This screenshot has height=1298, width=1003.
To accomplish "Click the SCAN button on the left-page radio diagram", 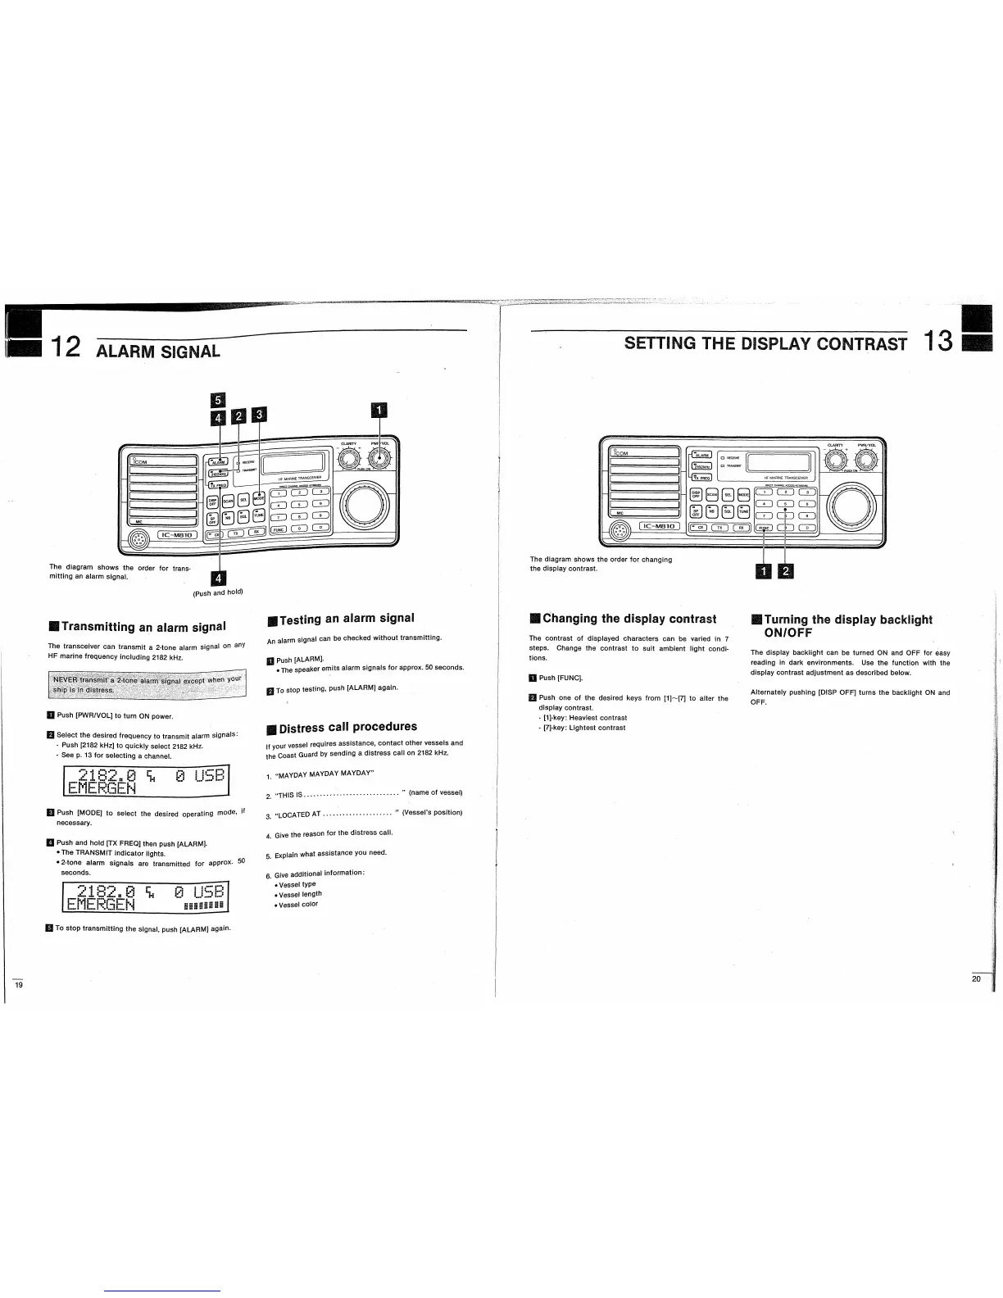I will (x=229, y=500).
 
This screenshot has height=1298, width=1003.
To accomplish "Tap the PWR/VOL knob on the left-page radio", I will (x=379, y=460).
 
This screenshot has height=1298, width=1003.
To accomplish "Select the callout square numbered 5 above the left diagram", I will (x=217, y=400).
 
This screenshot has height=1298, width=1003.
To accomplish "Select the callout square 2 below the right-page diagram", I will (x=786, y=571).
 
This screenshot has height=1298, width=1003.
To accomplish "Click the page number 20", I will (x=977, y=979).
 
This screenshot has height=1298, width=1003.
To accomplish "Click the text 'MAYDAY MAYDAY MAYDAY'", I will (x=324, y=774).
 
